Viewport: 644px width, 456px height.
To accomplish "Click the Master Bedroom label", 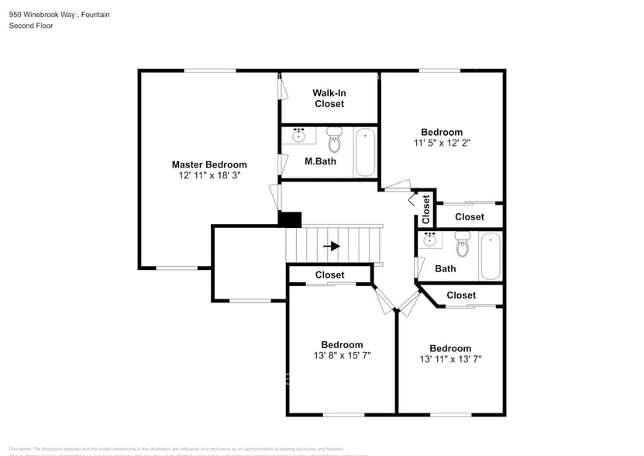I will click(x=209, y=164).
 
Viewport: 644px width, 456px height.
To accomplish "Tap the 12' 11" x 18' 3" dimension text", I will click(x=209, y=176).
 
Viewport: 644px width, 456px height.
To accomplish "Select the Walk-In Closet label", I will click(x=329, y=98).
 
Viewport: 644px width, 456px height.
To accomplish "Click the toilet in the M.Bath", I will click(x=335, y=140).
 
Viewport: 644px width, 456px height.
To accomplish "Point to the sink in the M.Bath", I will click(x=299, y=136).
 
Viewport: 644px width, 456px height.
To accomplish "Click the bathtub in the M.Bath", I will click(x=365, y=152).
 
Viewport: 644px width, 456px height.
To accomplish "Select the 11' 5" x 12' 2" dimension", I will click(x=442, y=143).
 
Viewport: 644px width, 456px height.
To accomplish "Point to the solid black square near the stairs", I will click(x=290, y=220).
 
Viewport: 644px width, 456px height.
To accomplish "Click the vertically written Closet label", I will click(x=426, y=209).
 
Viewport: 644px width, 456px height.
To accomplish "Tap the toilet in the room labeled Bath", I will click(x=463, y=244).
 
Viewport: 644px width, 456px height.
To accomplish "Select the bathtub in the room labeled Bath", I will click(x=491, y=256).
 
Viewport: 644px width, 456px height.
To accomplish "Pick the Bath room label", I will click(x=446, y=269).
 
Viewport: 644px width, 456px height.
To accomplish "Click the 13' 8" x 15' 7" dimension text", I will click(x=342, y=356).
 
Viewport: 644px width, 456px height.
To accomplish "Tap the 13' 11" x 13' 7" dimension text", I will click(x=450, y=359).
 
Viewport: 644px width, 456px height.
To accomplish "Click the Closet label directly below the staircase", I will click(x=329, y=275).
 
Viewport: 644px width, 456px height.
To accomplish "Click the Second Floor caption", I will click(x=31, y=26).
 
